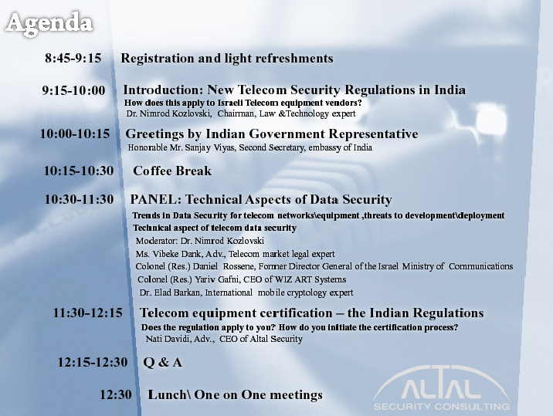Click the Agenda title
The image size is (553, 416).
click(49, 24)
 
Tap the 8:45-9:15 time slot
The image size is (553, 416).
click(73, 58)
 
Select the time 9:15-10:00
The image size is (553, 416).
click(73, 90)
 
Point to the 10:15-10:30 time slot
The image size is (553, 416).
click(79, 171)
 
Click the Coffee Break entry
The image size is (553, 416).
click(172, 171)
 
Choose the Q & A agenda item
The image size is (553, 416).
click(163, 362)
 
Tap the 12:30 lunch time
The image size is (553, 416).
click(116, 394)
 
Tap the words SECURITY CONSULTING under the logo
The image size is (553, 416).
click(442, 407)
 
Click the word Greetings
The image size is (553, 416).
click(154, 134)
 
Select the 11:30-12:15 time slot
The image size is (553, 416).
click(88, 313)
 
